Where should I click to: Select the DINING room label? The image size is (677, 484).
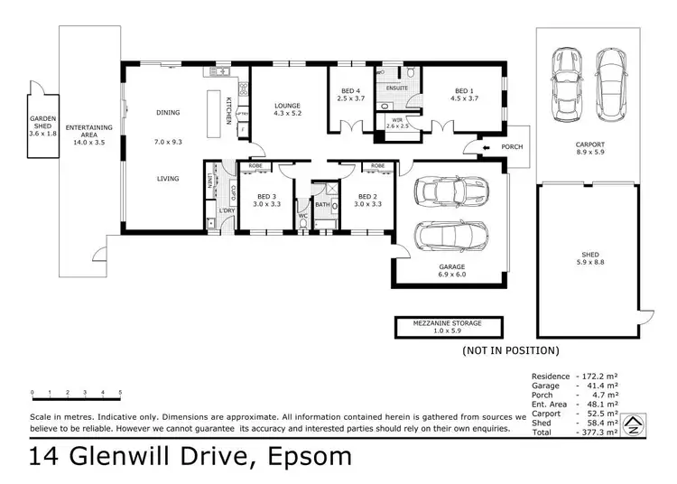pyautogui.click(x=168, y=113)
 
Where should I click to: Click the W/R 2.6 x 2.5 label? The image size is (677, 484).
pyautogui.click(x=397, y=122)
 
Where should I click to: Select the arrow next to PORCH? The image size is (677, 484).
pyautogui.click(x=484, y=147)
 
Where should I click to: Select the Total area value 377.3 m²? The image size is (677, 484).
pyautogui.click(x=599, y=433)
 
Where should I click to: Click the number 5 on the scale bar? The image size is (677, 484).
pyautogui.click(x=120, y=393)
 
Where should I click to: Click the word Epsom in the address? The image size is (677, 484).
pyautogui.click(x=310, y=457)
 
